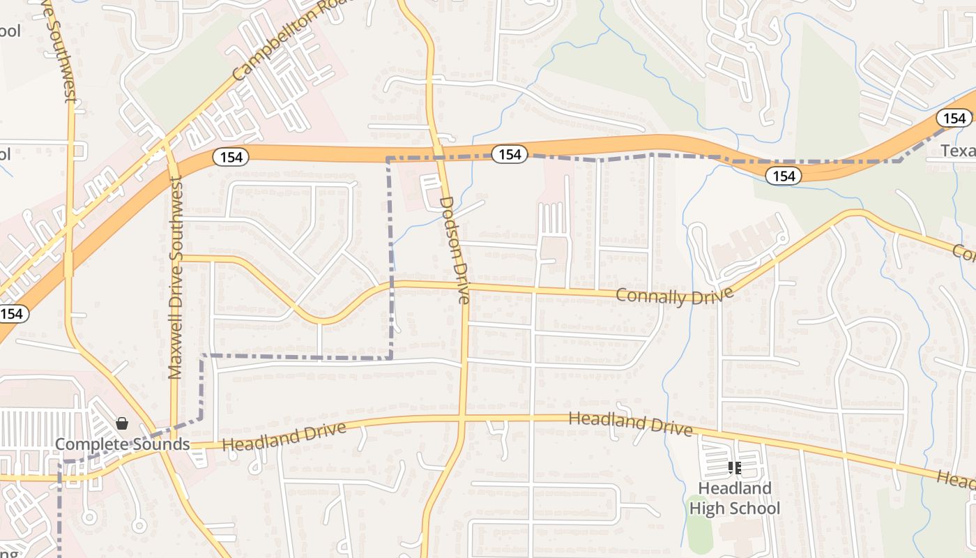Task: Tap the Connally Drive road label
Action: [x=674, y=296]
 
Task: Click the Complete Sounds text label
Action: [x=122, y=444]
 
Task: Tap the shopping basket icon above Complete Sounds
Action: [x=122, y=423]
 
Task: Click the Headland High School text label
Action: [x=735, y=498]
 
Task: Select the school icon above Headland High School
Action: [x=734, y=468]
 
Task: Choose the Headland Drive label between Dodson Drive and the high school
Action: [x=631, y=423]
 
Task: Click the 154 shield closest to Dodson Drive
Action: [x=510, y=154]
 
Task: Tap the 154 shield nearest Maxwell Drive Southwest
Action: [x=230, y=157]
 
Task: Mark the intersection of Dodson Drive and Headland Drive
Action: [x=462, y=418]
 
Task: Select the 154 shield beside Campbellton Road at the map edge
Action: [x=12, y=314]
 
